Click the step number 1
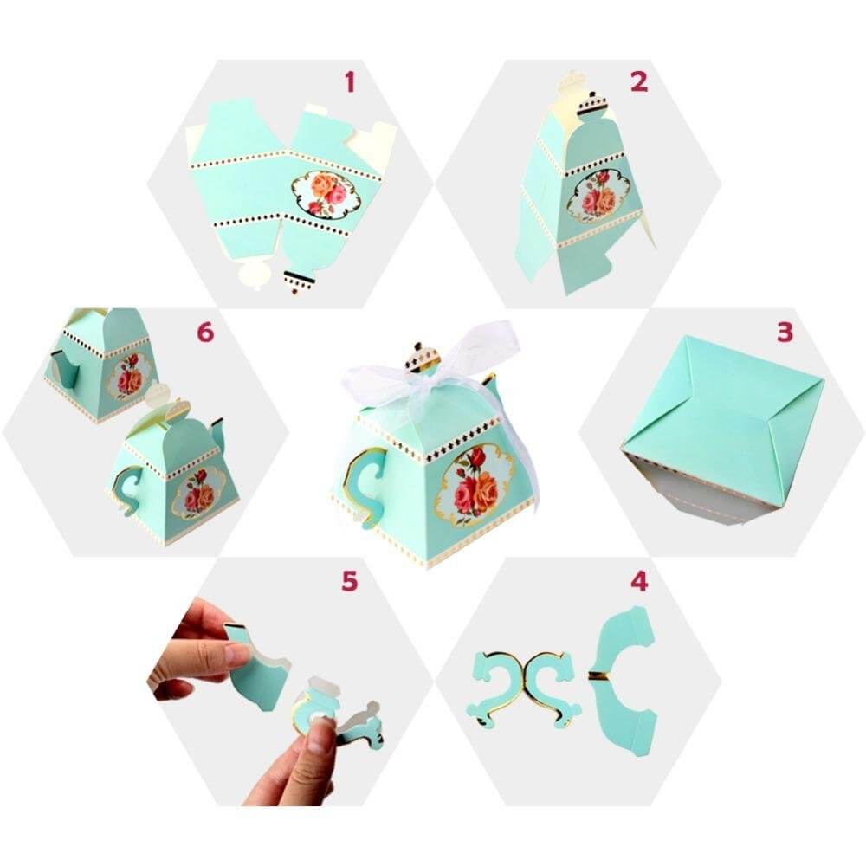point(350,82)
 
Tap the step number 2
point(639,82)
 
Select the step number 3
point(785,333)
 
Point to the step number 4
point(639,581)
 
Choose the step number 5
point(349,581)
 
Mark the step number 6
point(204,333)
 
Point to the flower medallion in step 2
point(598,196)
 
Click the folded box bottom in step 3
point(721,407)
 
